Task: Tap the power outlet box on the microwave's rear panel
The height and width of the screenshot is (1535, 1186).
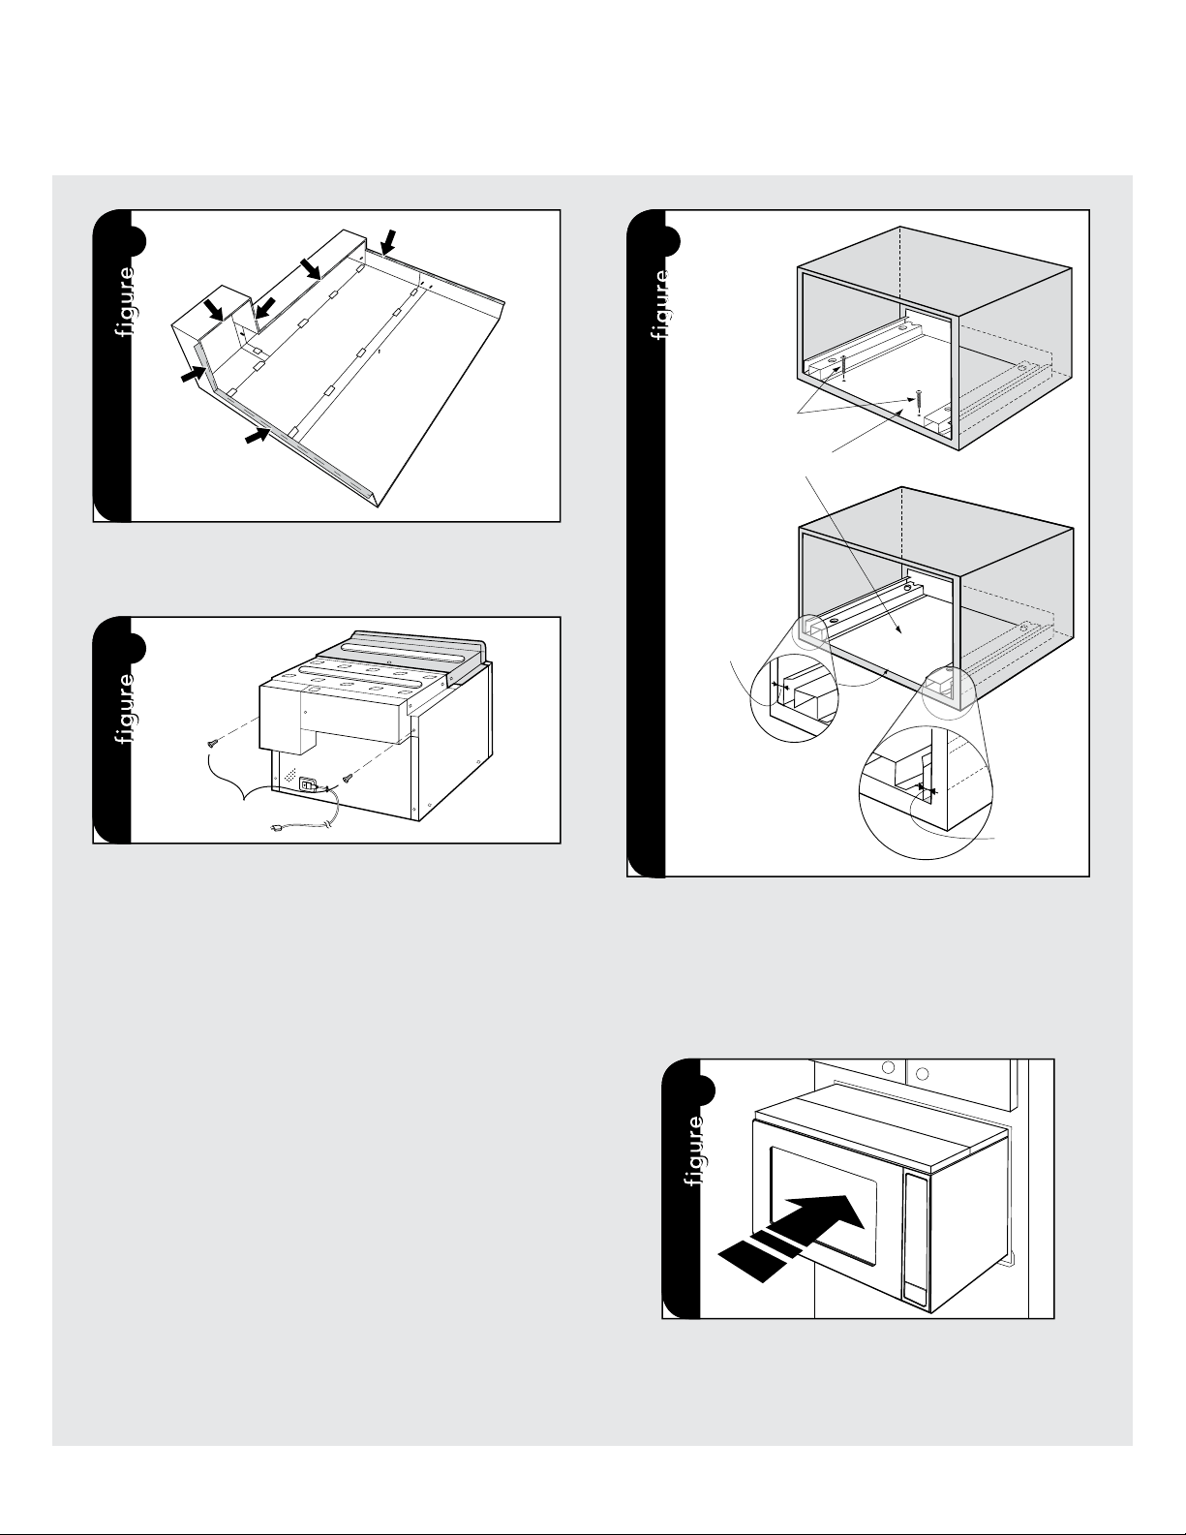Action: [x=308, y=784]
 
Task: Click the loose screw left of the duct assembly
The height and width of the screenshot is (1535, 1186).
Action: [x=212, y=744]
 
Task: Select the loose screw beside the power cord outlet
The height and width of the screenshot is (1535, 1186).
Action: [x=348, y=779]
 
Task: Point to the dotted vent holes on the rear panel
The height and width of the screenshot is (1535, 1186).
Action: [x=289, y=775]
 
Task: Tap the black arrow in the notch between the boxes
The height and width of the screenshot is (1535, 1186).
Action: [x=265, y=308]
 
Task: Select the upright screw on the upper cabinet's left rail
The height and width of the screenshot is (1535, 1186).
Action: [x=843, y=367]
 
